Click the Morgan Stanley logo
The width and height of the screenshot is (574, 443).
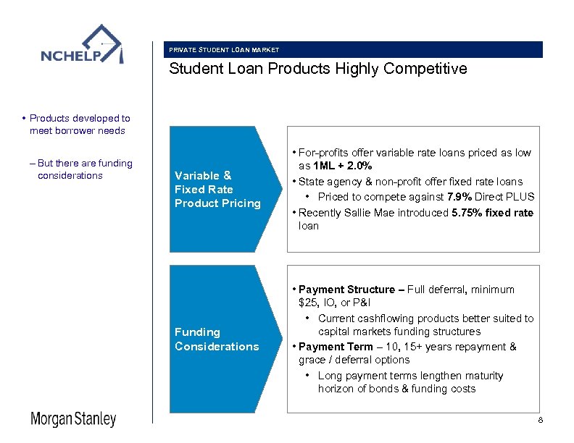(x=72, y=420)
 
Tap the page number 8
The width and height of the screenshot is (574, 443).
(x=540, y=421)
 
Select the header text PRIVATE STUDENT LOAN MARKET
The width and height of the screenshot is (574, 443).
(x=224, y=50)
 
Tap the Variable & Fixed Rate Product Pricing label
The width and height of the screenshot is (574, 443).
(x=217, y=189)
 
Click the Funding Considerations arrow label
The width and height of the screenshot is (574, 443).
(x=217, y=339)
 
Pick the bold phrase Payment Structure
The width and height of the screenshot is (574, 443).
(x=347, y=290)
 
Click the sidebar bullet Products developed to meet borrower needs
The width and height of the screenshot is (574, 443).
(x=78, y=124)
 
